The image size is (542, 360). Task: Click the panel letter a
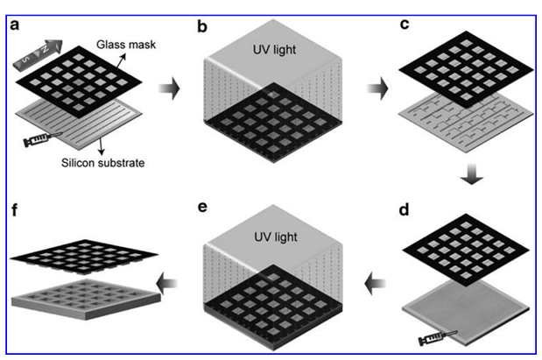(15, 23)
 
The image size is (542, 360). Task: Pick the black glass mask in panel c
(462, 66)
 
